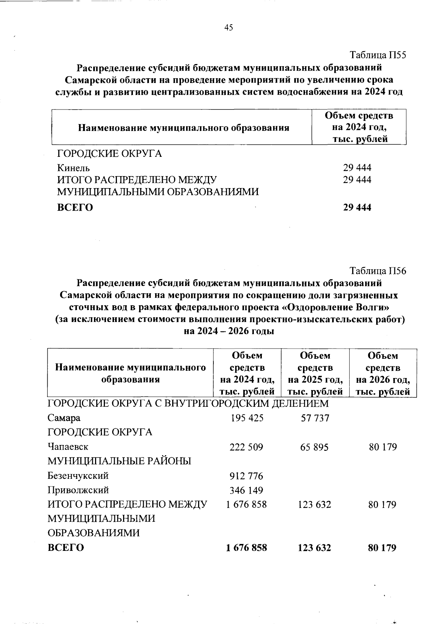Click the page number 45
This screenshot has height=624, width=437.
(229, 28)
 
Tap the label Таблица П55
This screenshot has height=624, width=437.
(378, 55)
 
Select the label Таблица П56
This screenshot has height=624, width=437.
(378, 271)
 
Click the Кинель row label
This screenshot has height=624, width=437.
(74, 168)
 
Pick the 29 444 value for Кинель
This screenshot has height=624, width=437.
(357, 168)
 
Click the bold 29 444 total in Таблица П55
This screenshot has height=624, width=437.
(357, 207)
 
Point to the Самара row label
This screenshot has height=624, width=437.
(64, 418)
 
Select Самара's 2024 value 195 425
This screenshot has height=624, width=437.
(247, 418)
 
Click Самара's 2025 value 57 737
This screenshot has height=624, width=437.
(315, 418)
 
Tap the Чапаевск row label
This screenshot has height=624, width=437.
(68, 447)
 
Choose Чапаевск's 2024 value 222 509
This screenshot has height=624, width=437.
(246, 447)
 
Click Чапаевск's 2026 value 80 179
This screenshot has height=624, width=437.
(382, 447)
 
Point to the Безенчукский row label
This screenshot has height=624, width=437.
(78, 476)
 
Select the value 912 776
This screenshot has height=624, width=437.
(246, 476)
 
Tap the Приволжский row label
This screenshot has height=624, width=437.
(78, 490)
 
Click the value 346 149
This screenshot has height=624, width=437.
(246, 490)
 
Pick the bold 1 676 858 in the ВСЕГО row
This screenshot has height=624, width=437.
(246, 548)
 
